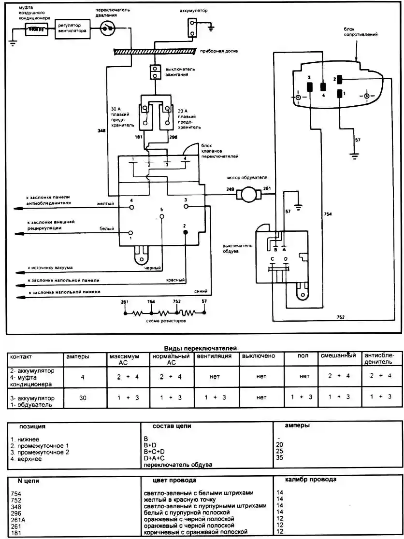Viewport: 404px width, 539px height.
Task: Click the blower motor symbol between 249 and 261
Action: click(249, 195)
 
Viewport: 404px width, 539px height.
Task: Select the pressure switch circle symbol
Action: click(108, 29)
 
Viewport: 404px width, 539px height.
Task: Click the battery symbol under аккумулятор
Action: click(193, 28)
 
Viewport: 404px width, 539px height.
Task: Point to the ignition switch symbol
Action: click(156, 71)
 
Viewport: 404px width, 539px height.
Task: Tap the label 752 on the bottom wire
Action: click(341, 316)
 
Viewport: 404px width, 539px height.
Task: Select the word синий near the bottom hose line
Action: click(201, 292)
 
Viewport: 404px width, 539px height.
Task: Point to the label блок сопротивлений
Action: click(361, 32)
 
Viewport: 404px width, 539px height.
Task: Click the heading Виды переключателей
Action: click(201, 348)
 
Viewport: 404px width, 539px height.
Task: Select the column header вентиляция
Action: click(214, 356)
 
